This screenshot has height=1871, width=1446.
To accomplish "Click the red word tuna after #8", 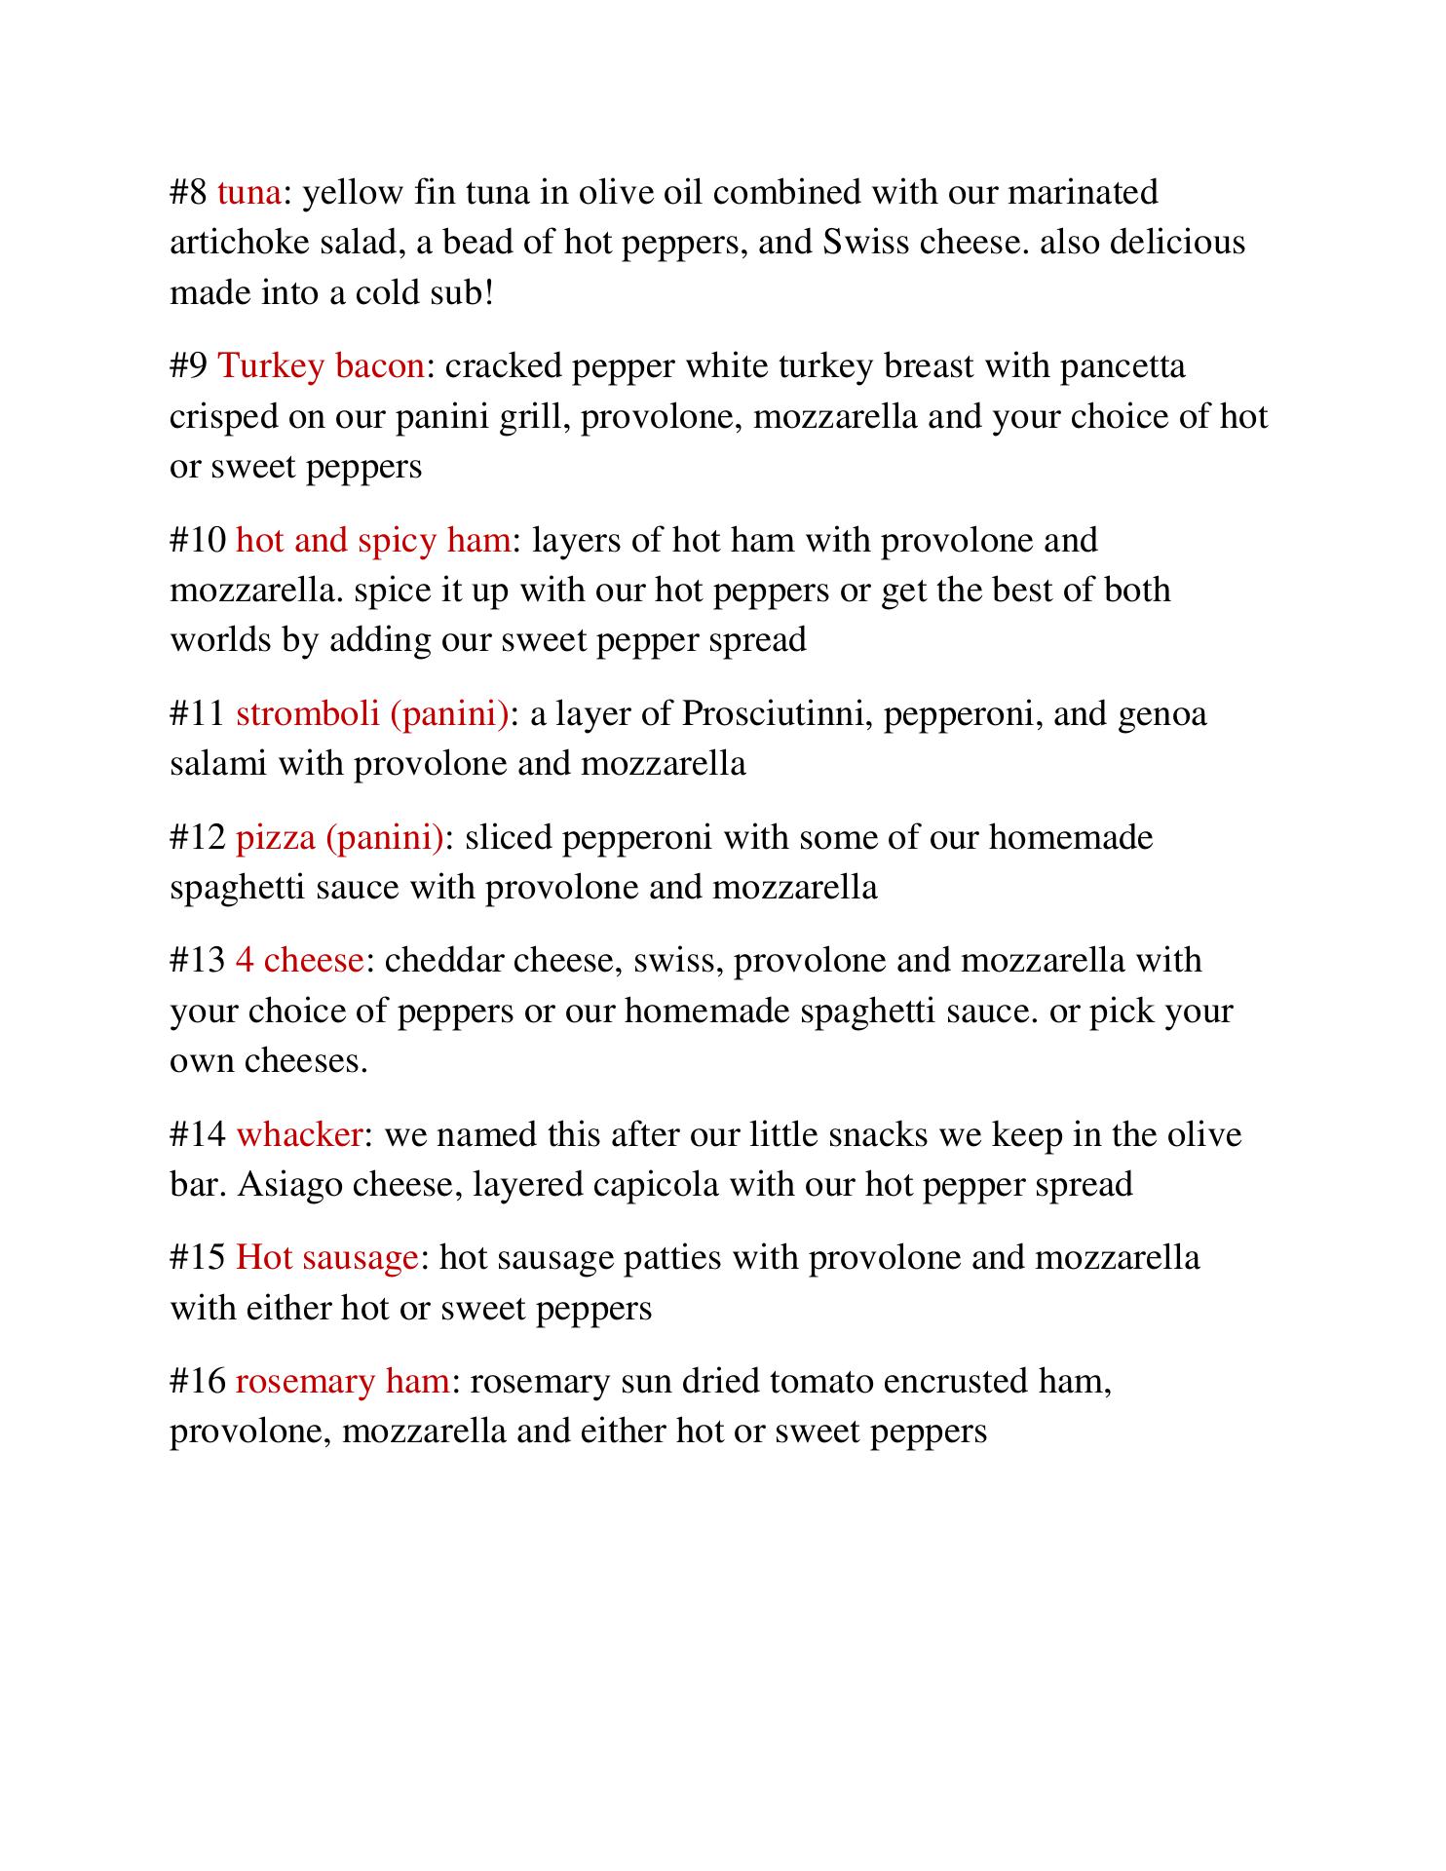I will tap(248, 193).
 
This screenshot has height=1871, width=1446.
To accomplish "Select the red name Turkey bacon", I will tap(321, 366).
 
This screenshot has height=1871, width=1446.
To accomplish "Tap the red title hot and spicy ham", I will tap(372, 540).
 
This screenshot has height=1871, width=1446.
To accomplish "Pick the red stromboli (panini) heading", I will tap(371, 713).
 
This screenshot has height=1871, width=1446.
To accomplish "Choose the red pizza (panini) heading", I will tap(339, 837).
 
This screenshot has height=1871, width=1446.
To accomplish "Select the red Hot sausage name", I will tap(326, 1258).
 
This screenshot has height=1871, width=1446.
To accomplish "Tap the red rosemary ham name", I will tap(342, 1382).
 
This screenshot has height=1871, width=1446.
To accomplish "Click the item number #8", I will tap(188, 193).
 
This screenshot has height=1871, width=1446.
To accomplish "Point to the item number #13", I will tap(198, 961).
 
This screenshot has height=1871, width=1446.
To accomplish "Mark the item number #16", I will tap(198, 1382).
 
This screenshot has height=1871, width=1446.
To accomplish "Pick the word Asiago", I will tap(289, 1185).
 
